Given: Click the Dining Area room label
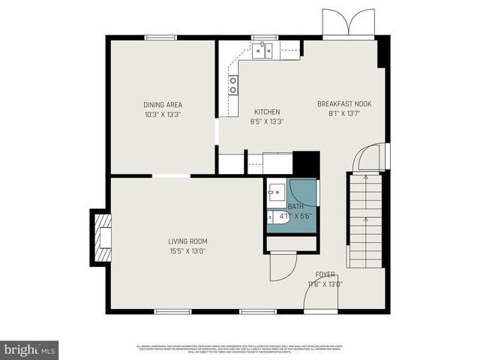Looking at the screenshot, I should pyautogui.click(x=163, y=105).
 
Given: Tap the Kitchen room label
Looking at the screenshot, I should pyautogui.click(x=266, y=112).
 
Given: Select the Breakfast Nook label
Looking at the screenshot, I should pyautogui.click(x=344, y=104).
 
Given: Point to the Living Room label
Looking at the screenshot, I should pyautogui.click(x=187, y=241).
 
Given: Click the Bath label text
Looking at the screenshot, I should pyautogui.click(x=295, y=206).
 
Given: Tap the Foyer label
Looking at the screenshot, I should pyautogui.click(x=325, y=275).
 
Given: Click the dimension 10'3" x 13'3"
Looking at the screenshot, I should pyautogui.click(x=163, y=115).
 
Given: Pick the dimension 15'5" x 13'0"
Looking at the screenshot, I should pyautogui.click(x=187, y=251).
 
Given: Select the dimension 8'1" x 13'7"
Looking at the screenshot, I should pyautogui.click(x=344, y=114).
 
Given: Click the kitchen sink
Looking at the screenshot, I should pyautogui.click(x=262, y=50).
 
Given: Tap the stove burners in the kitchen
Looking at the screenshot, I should pyautogui.click(x=233, y=84).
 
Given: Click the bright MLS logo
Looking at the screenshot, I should pyautogui.click(x=30, y=349).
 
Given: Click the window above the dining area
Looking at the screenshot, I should pyautogui.click(x=160, y=37).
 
